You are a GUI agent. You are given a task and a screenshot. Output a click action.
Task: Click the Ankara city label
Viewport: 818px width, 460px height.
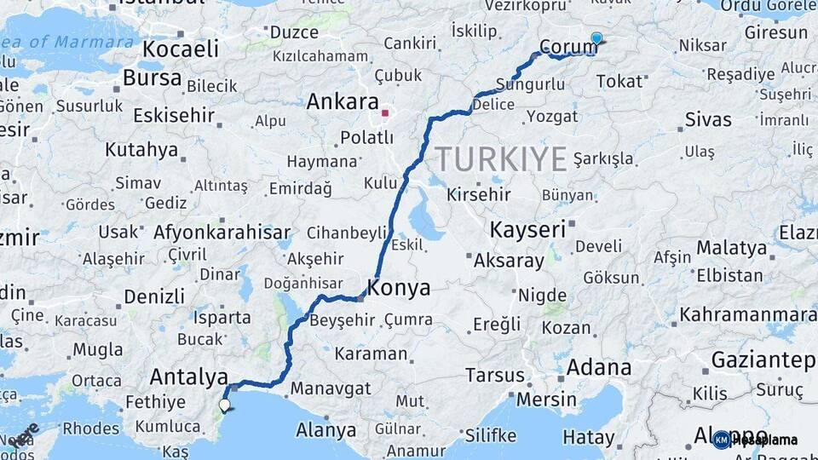tap(342, 102)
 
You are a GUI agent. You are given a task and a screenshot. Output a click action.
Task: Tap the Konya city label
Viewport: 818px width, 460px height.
tap(400, 288)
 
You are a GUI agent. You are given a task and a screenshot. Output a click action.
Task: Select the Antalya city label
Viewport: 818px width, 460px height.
tap(188, 377)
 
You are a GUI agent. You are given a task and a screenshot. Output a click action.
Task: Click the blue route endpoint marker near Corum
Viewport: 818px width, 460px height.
tap(596, 38)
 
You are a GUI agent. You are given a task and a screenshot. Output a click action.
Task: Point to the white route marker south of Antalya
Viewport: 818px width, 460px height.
tap(225, 405)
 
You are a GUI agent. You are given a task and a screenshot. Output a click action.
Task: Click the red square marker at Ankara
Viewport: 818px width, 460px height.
tap(385, 112)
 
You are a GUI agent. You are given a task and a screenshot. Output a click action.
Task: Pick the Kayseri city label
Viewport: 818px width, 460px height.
tap(528, 229)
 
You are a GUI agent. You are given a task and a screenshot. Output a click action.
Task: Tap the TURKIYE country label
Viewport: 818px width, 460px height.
tap(501, 159)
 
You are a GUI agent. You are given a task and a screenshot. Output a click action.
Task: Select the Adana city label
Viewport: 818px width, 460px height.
tap(601, 369)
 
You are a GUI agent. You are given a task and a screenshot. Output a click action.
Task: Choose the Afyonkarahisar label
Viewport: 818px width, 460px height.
tap(222, 232)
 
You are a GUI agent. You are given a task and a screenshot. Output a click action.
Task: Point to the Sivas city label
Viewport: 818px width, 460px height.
tap(708, 120)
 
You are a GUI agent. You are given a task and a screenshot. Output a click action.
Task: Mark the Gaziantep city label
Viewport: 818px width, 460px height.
tap(763, 359)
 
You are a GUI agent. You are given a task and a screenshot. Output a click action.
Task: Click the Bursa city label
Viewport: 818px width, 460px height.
tap(153, 78)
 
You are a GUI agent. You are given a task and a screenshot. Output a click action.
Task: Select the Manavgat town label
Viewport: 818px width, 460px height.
tap(331, 388)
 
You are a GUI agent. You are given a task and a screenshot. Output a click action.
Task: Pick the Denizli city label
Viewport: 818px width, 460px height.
tap(154, 296)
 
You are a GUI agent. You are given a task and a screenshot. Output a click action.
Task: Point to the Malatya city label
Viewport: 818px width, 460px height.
tap(732, 248)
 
